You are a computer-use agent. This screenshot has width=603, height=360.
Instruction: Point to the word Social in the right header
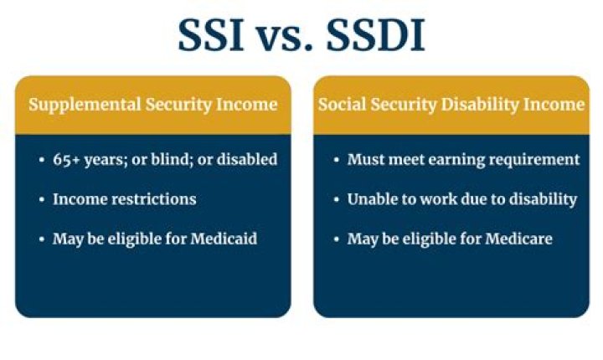(x=342, y=105)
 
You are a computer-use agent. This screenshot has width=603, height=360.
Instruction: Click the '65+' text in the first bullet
(x=66, y=159)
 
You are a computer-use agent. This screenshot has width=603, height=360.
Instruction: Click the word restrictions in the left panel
(x=149, y=199)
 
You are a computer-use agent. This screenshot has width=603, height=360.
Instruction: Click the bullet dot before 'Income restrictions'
(x=41, y=200)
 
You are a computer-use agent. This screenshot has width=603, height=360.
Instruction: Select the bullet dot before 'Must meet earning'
(x=336, y=160)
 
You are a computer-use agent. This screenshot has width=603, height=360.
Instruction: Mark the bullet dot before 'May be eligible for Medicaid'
(x=41, y=239)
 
